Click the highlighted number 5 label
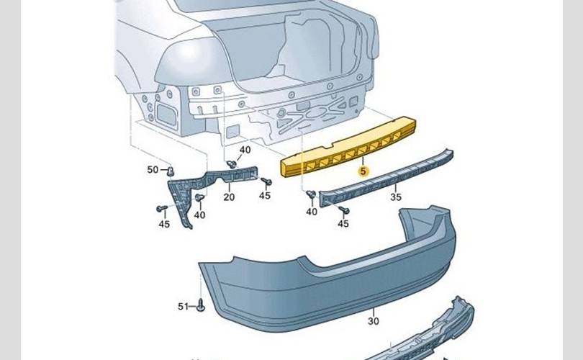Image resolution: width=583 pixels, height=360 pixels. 363,171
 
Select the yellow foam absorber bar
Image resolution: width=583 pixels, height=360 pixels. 348,148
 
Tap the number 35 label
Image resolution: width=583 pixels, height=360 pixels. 396,197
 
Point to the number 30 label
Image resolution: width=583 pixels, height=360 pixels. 374,321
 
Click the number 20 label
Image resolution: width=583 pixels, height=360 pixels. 229,197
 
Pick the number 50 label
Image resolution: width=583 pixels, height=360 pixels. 153,170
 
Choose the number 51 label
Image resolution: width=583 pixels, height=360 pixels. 184,307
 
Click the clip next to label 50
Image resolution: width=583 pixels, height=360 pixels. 171,172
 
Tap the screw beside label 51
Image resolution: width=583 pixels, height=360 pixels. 201,305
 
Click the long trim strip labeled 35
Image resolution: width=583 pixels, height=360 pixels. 387,177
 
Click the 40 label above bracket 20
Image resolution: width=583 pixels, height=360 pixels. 245,150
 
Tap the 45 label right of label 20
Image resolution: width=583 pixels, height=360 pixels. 265,196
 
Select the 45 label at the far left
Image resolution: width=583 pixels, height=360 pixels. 164,224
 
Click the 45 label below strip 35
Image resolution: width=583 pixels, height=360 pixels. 343,223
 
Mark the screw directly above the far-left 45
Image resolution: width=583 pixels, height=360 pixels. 162,209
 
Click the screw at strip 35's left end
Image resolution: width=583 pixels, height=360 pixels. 311,194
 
